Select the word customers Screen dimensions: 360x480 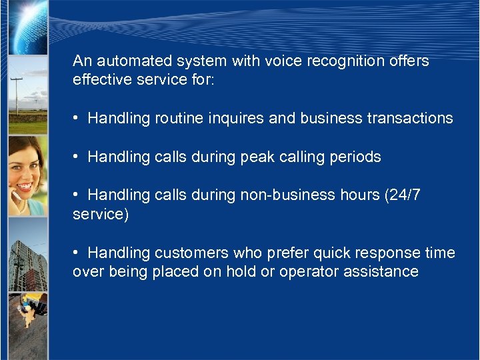click(x=191, y=253)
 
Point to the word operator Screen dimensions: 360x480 click(x=309, y=272)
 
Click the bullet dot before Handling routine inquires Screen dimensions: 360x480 click(x=77, y=119)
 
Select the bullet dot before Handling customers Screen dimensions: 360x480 click(x=77, y=253)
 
